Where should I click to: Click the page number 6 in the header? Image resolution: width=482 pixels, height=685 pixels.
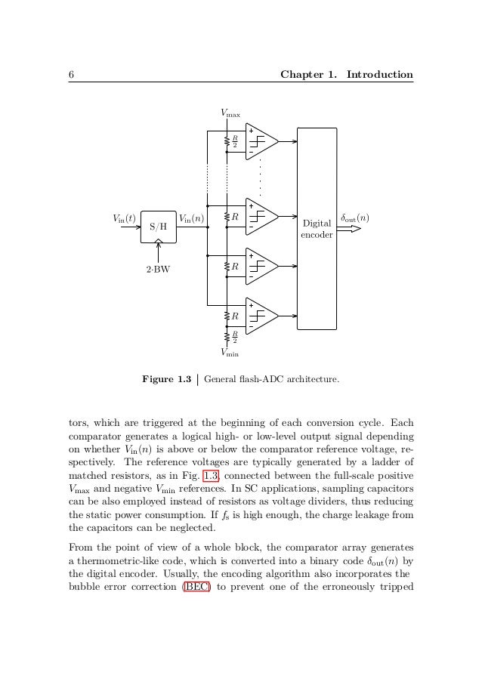70,75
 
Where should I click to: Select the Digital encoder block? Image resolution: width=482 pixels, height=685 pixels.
317,229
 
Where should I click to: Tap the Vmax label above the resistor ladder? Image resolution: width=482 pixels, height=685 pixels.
230,113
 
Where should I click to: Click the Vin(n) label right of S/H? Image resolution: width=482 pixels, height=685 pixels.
191,218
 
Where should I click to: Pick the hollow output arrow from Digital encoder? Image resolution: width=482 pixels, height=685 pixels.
349,229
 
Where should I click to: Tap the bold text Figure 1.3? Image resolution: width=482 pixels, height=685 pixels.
166,379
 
